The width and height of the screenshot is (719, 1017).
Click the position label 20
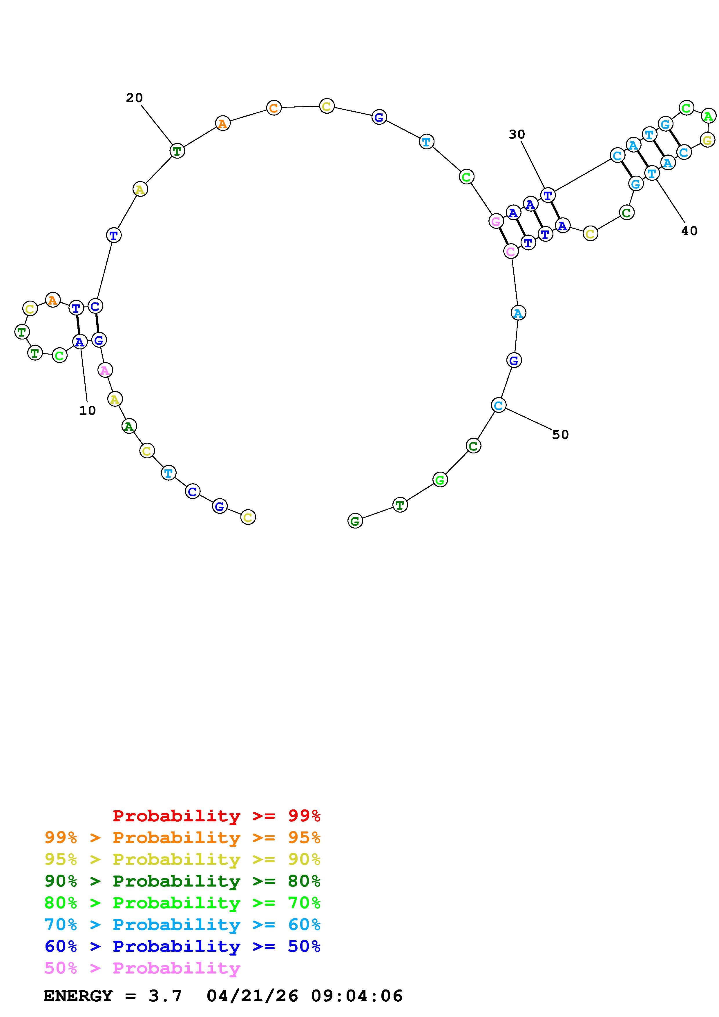pyautogui.click(x=134, y=98)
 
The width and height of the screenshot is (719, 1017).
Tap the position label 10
pyautogui.click(x=87, y=411)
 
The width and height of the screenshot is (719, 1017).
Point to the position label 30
pyautogui.click(x=517, y=134)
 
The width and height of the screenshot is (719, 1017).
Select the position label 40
pyautogui.click(x=689, y=231)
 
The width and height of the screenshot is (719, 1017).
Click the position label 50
pyautogui.click(x=560, y=435)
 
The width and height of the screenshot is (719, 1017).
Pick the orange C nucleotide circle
pyautogui.click(x=274, y=108)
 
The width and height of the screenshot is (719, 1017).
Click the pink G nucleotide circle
pyautogui.click(x=496, y=221)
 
